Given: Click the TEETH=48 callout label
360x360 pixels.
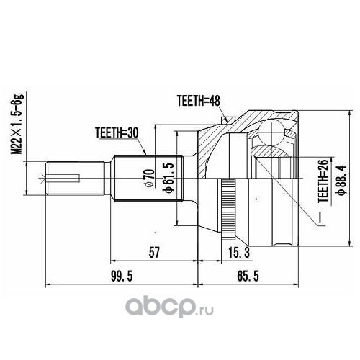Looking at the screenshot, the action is (198, 101).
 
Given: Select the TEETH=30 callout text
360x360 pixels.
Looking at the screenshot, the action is (117, 132).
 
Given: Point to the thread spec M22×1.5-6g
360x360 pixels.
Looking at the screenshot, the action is (17, 124).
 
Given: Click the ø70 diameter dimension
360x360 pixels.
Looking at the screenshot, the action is (149, 178).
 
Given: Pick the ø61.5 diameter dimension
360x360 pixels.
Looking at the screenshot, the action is (168, 178).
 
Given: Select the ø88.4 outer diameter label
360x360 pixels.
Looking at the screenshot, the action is (341, 180).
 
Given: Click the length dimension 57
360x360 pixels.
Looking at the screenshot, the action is (154, 253).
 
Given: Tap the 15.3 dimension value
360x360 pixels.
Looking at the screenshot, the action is (239, 253).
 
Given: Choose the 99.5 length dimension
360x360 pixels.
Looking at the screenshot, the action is (122, 276).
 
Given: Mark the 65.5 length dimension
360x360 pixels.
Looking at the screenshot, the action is (248, 276).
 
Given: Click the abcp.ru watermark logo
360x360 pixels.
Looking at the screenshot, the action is (169, 307).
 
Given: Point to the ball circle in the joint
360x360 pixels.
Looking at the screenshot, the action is (271, 132).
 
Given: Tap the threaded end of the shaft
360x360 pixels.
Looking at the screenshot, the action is (76, 178).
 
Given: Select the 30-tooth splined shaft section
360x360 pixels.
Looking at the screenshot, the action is (148, 178).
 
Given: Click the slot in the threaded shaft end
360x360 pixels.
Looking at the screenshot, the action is (63, 178).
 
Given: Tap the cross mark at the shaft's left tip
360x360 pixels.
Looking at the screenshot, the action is (42, 178).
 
